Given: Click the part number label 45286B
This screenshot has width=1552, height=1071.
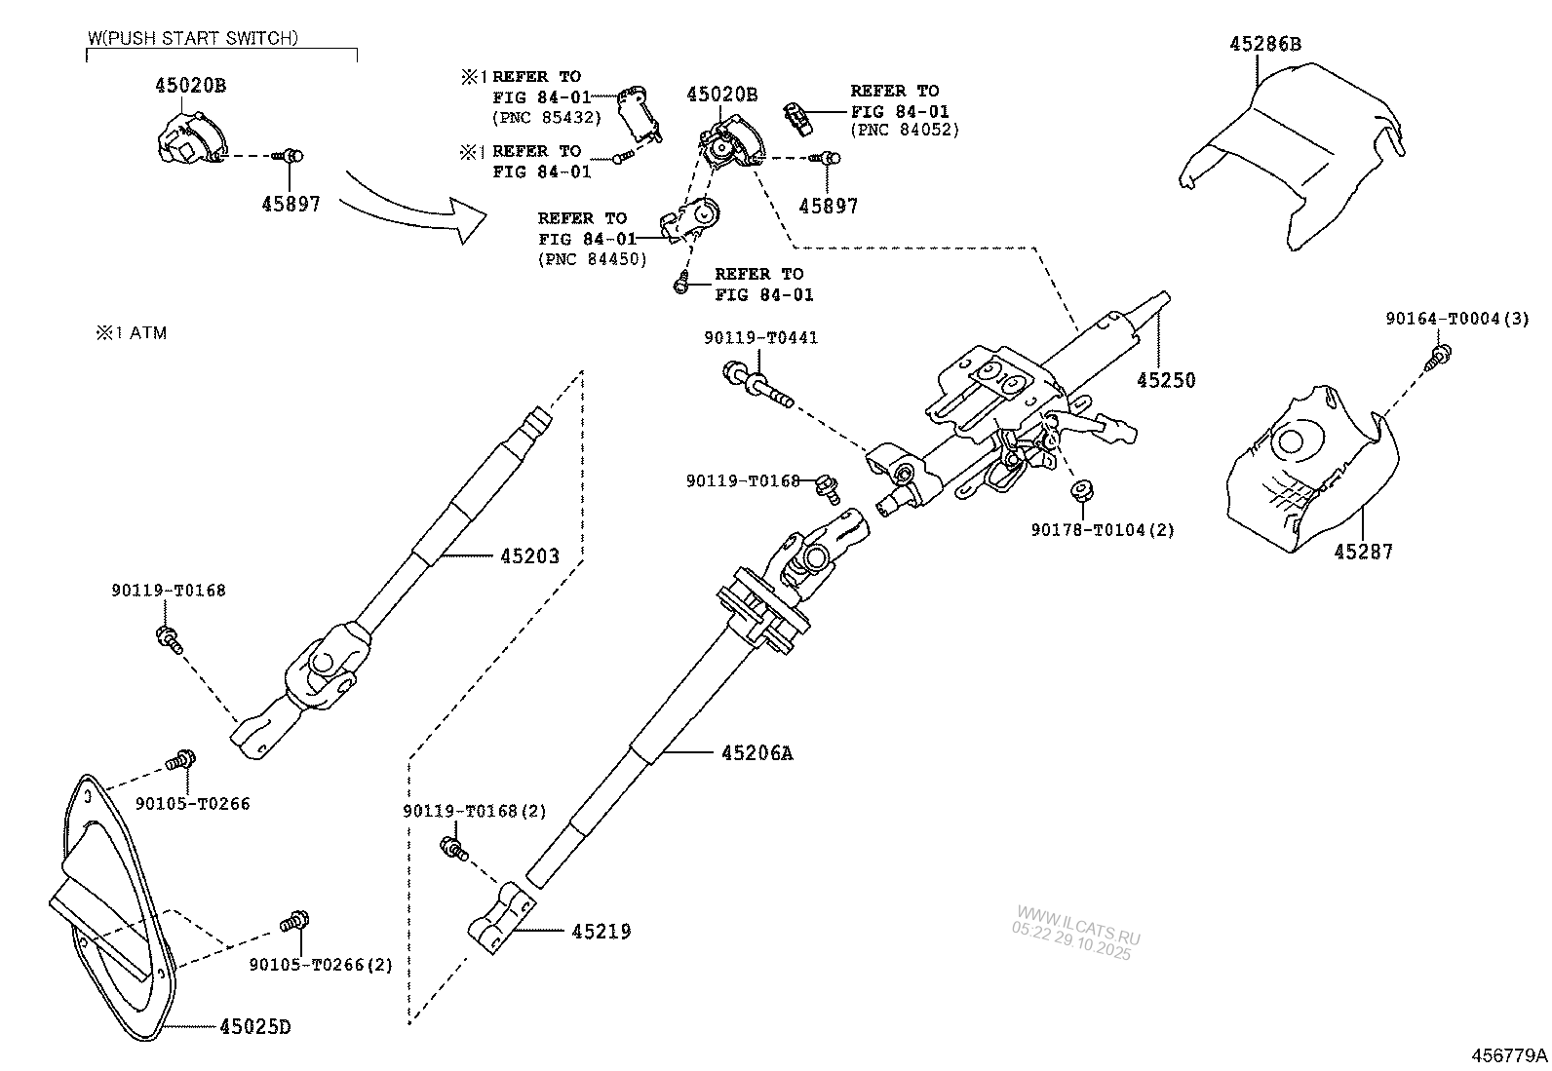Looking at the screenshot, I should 1265,44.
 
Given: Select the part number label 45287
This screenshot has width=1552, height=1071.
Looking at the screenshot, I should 1363,552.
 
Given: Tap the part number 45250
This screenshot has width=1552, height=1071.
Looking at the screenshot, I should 1165,380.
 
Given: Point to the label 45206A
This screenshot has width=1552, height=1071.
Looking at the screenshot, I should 757,752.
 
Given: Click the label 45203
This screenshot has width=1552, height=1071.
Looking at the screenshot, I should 529,556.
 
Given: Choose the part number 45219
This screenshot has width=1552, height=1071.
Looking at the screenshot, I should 601,932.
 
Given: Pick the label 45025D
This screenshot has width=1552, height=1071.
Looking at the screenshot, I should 254,1027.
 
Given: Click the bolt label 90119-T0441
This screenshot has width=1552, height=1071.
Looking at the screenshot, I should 760,337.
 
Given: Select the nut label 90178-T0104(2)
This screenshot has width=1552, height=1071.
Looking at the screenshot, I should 1103,530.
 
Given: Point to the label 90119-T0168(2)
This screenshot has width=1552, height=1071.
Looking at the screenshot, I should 475,811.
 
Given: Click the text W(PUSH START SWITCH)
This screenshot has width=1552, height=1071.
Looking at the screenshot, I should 193,38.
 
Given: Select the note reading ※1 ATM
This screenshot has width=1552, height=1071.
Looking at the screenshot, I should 131,333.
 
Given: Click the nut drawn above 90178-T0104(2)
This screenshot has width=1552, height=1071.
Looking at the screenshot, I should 1081,489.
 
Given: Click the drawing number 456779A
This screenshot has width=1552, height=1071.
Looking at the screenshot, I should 1509,1055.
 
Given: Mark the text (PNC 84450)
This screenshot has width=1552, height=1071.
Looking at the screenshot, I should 592,259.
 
